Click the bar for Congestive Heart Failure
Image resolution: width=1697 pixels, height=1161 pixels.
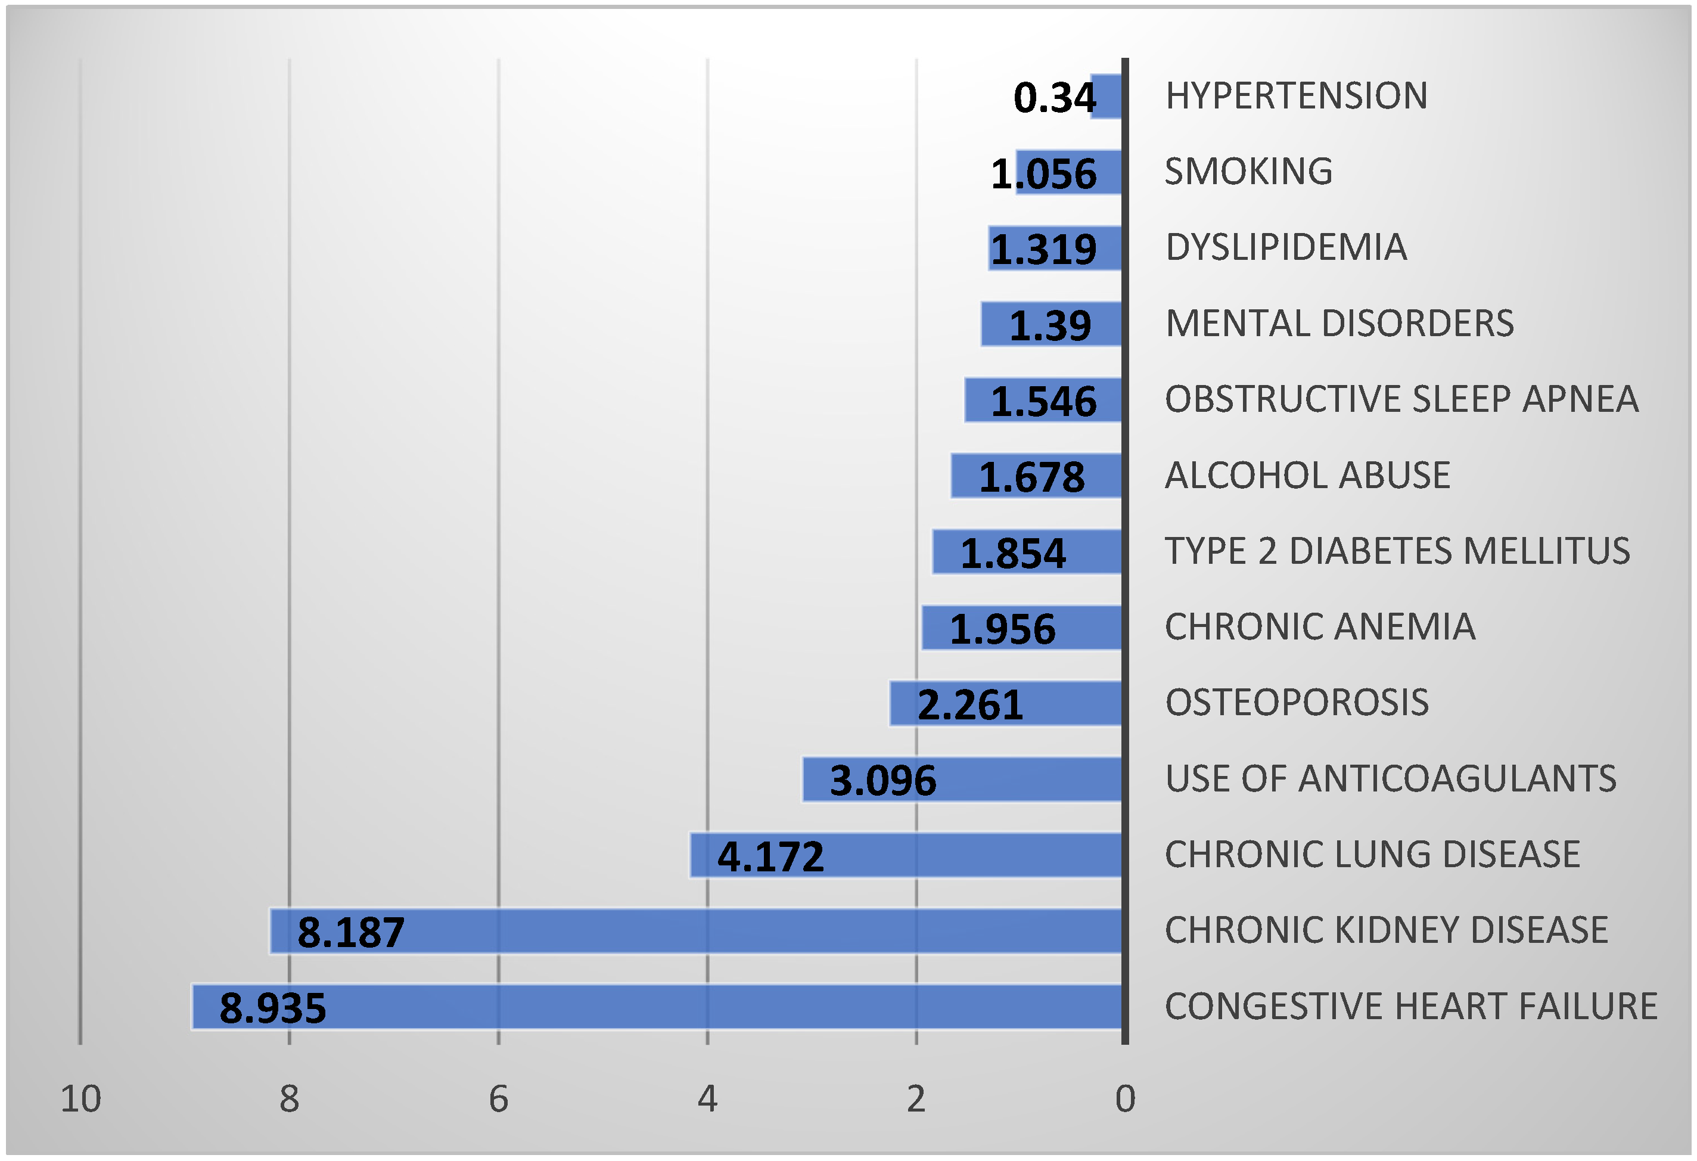click(657, 1007)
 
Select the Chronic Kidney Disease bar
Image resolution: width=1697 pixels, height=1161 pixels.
click(694, 931)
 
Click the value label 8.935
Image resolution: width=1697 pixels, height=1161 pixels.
click(272, 1008)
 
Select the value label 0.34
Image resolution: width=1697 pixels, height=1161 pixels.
click(1055, 98)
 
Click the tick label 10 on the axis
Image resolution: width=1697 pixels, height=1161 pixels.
click(80, 1099)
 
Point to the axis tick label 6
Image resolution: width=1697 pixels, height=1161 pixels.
click(498, 1099)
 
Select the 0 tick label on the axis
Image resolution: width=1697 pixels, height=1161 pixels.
click(1125, 1099)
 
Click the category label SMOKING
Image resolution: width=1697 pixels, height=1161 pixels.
click(1248, 172)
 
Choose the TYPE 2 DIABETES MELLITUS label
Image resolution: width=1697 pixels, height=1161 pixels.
click(1397, 551)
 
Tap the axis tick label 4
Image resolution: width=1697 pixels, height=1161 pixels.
click(707, 1099)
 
